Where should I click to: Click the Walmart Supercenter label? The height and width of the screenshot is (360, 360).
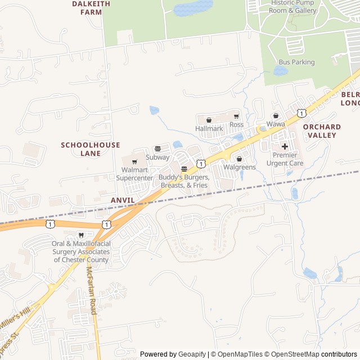pos(134,174)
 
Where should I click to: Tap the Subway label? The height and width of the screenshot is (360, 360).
pos(157,157)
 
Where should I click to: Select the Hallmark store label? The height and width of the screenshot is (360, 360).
pos(209,129)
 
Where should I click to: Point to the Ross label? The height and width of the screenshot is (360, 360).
pos(236,124)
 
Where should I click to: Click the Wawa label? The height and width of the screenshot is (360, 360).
pos(276,124)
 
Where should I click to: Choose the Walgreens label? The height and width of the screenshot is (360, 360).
pos(240,167)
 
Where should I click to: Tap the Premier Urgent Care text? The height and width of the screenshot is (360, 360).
pos(288,159)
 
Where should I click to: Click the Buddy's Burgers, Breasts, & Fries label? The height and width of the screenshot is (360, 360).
pos(184,181)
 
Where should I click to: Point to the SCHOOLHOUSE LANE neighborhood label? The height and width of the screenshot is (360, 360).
pos(91,149)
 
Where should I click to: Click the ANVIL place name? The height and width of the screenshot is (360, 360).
pos(123,200)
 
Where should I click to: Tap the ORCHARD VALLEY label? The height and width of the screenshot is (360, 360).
pos(322,131)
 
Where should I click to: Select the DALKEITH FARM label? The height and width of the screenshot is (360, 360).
pos(87,7)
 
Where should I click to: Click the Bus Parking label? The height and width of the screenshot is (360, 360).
pos(296,62)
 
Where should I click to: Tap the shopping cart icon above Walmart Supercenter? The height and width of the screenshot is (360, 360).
pos(134,162)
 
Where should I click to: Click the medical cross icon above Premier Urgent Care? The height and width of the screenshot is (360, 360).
pos(285,146)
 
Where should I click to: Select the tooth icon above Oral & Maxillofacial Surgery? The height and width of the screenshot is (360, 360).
pos(81,235)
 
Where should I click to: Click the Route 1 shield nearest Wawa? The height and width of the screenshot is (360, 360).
pos(302,113)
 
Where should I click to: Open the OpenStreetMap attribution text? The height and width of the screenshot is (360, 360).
pos(296,354)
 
